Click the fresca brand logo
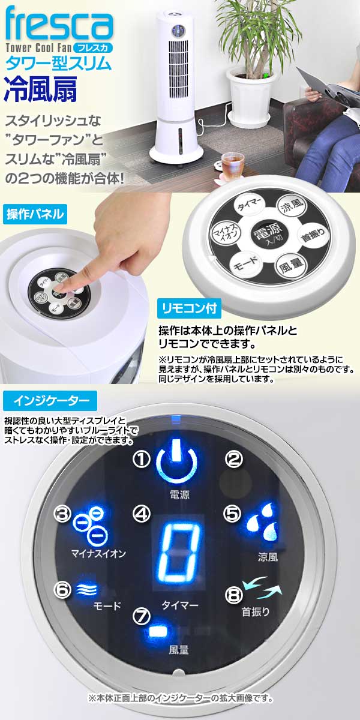tap(58, 23)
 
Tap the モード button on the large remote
tap(246, 263)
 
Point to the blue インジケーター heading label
tap(47, 398)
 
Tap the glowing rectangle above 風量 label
tap(158, 632)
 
